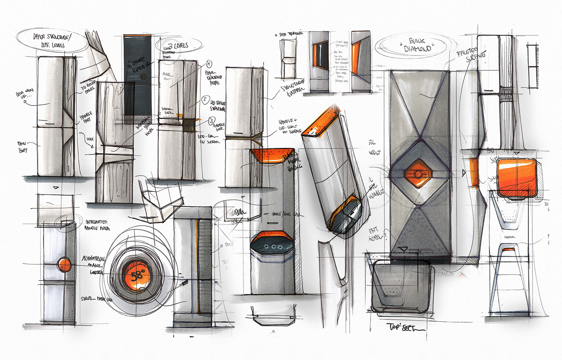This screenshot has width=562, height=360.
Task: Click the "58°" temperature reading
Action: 137,276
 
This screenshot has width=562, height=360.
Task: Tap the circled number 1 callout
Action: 209,64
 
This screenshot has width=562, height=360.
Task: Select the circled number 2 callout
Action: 205,99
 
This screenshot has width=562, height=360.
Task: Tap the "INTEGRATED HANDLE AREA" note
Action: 100,224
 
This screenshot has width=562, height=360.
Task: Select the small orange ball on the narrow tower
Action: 64,264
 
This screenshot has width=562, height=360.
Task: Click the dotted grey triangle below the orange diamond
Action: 418,229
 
